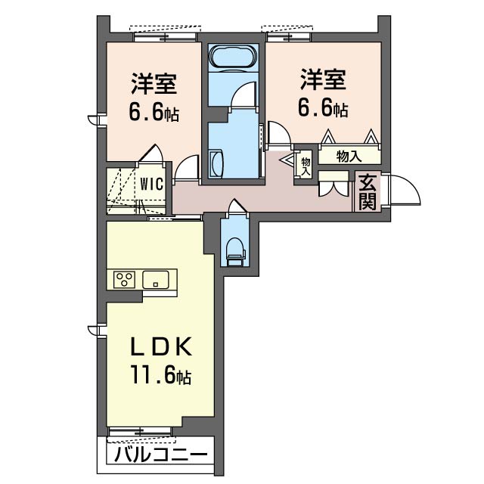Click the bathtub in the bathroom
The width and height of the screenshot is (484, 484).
tap(233, 56)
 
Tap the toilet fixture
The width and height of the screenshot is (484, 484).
tap(235, 251)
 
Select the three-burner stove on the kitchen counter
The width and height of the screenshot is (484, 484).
tap(124, 279)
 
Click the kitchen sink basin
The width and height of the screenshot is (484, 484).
tap(156, 280)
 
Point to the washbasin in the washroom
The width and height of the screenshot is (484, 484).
tap(216, 164)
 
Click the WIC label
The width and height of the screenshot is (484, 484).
tap(151, 185)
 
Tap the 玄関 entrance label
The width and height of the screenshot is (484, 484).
tap(368, 191)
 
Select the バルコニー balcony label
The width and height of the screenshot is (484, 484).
tap(160, 455)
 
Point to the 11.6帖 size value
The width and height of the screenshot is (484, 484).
tap(161, 375)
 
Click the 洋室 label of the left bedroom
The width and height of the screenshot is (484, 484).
tap(154, 82)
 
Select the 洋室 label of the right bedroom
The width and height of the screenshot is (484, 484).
tap(323, 79)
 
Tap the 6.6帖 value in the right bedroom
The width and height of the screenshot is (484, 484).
tap(323, 108)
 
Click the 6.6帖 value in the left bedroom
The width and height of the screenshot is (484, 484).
tap(154, 112)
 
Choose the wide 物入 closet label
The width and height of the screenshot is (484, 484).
tap(349, 157)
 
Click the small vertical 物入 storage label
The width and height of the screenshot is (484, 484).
tap(306, 166)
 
